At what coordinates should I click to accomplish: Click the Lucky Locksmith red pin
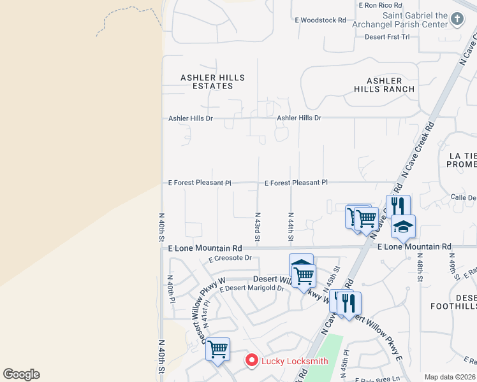[252, 361]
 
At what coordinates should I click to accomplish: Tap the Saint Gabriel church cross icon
[457, 19]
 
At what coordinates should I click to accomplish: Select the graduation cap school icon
[403, 226]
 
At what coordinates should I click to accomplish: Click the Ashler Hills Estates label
[212, 81]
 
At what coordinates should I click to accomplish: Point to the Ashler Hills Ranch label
[384, 85]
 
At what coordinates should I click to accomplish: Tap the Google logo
[21, 374]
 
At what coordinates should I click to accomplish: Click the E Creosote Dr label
[230, 258]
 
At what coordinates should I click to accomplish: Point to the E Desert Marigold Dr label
[252, 288]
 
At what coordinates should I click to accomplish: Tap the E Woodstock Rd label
[320, 20]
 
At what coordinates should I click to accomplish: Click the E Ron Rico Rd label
[380, 5]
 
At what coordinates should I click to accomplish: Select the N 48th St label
[420, 267]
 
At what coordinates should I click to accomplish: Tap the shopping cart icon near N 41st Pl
[218, 349]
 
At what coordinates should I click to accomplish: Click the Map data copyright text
[450, 377]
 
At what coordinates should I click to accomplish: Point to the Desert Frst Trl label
[387, 37]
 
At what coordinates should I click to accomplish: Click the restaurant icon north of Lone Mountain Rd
[398, 206]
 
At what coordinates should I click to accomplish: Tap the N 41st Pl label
[205, 312]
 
